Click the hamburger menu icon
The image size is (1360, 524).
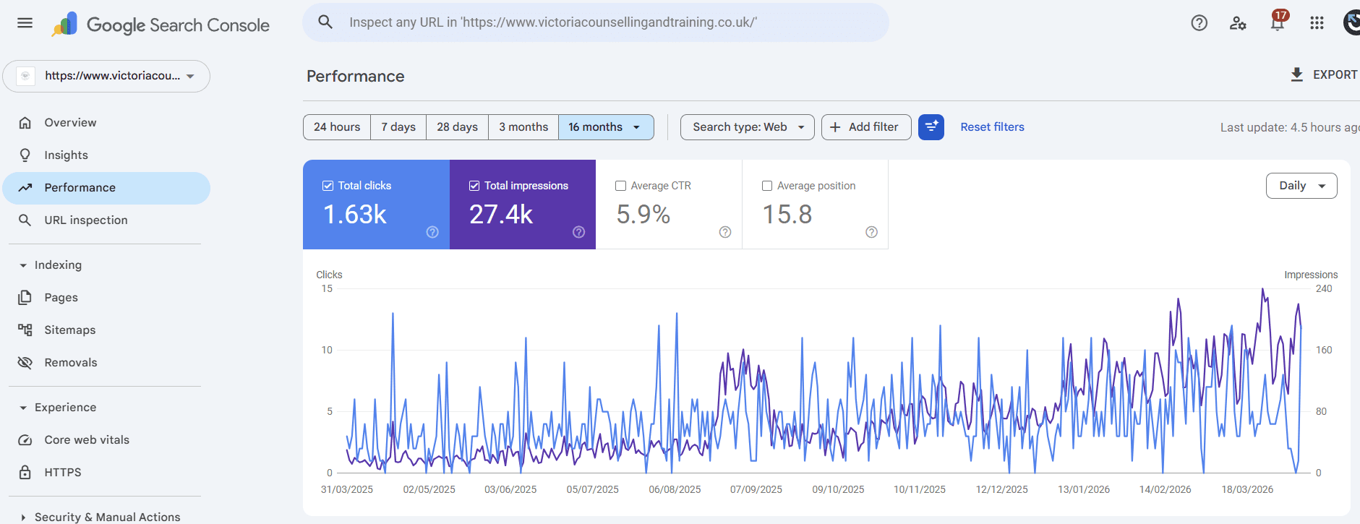pyautogui.click(x=25, y=22)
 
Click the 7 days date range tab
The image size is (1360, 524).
pyautogui.click(x=398, y=127)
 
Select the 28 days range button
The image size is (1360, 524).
pyautogui.click(x=457, y=127)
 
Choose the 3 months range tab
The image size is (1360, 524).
pyautogui.click(x=523, y=127)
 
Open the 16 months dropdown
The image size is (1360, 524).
pyautogui.click(x=606, y=127)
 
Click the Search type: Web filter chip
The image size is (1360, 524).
pyautogui.click(x=747, y=127)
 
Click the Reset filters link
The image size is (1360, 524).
pyautogui.click(x=992, y=127)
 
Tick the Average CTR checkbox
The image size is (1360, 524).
pyautogui.click(x=620, y=186)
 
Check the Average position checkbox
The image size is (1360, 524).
pyautogui.click(x=767, y=186)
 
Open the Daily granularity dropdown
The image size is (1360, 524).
pyautogui.click(x=1301, y=186)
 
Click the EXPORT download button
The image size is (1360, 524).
pyautogui.click(x=1323, y=74)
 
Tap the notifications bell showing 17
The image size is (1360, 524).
pyautogui.click(x=1278, y=23)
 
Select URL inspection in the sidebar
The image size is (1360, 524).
pyautogui.click(x=85, y=220)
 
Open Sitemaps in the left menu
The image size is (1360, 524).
pyautogui.click(x=69, y=330)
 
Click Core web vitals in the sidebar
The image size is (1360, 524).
pyautogui.click(x=87, y=439)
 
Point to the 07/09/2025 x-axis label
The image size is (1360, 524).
pyautogui.click(x=756, y=489)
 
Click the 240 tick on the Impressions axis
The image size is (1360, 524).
pyautogui.click(x=1324, y=288)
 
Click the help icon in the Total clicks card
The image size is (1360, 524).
pyautogui.click(x=432, y=232)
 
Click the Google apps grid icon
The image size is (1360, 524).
pyautogui.click(x=1317, y=23)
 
